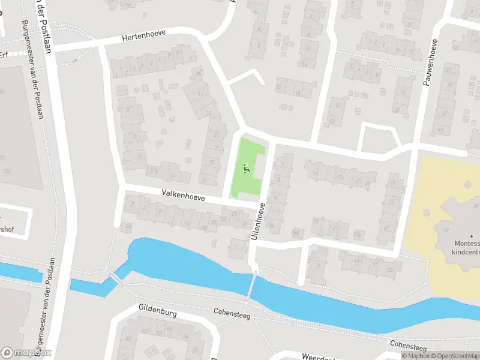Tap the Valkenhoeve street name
click(x=183, y=196)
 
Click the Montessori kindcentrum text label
click(x=466, y=248)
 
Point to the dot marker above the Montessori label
click(x=471, y=236)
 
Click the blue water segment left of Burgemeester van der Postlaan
click(x=18, y=271)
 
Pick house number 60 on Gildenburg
click(x=170, y=328)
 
